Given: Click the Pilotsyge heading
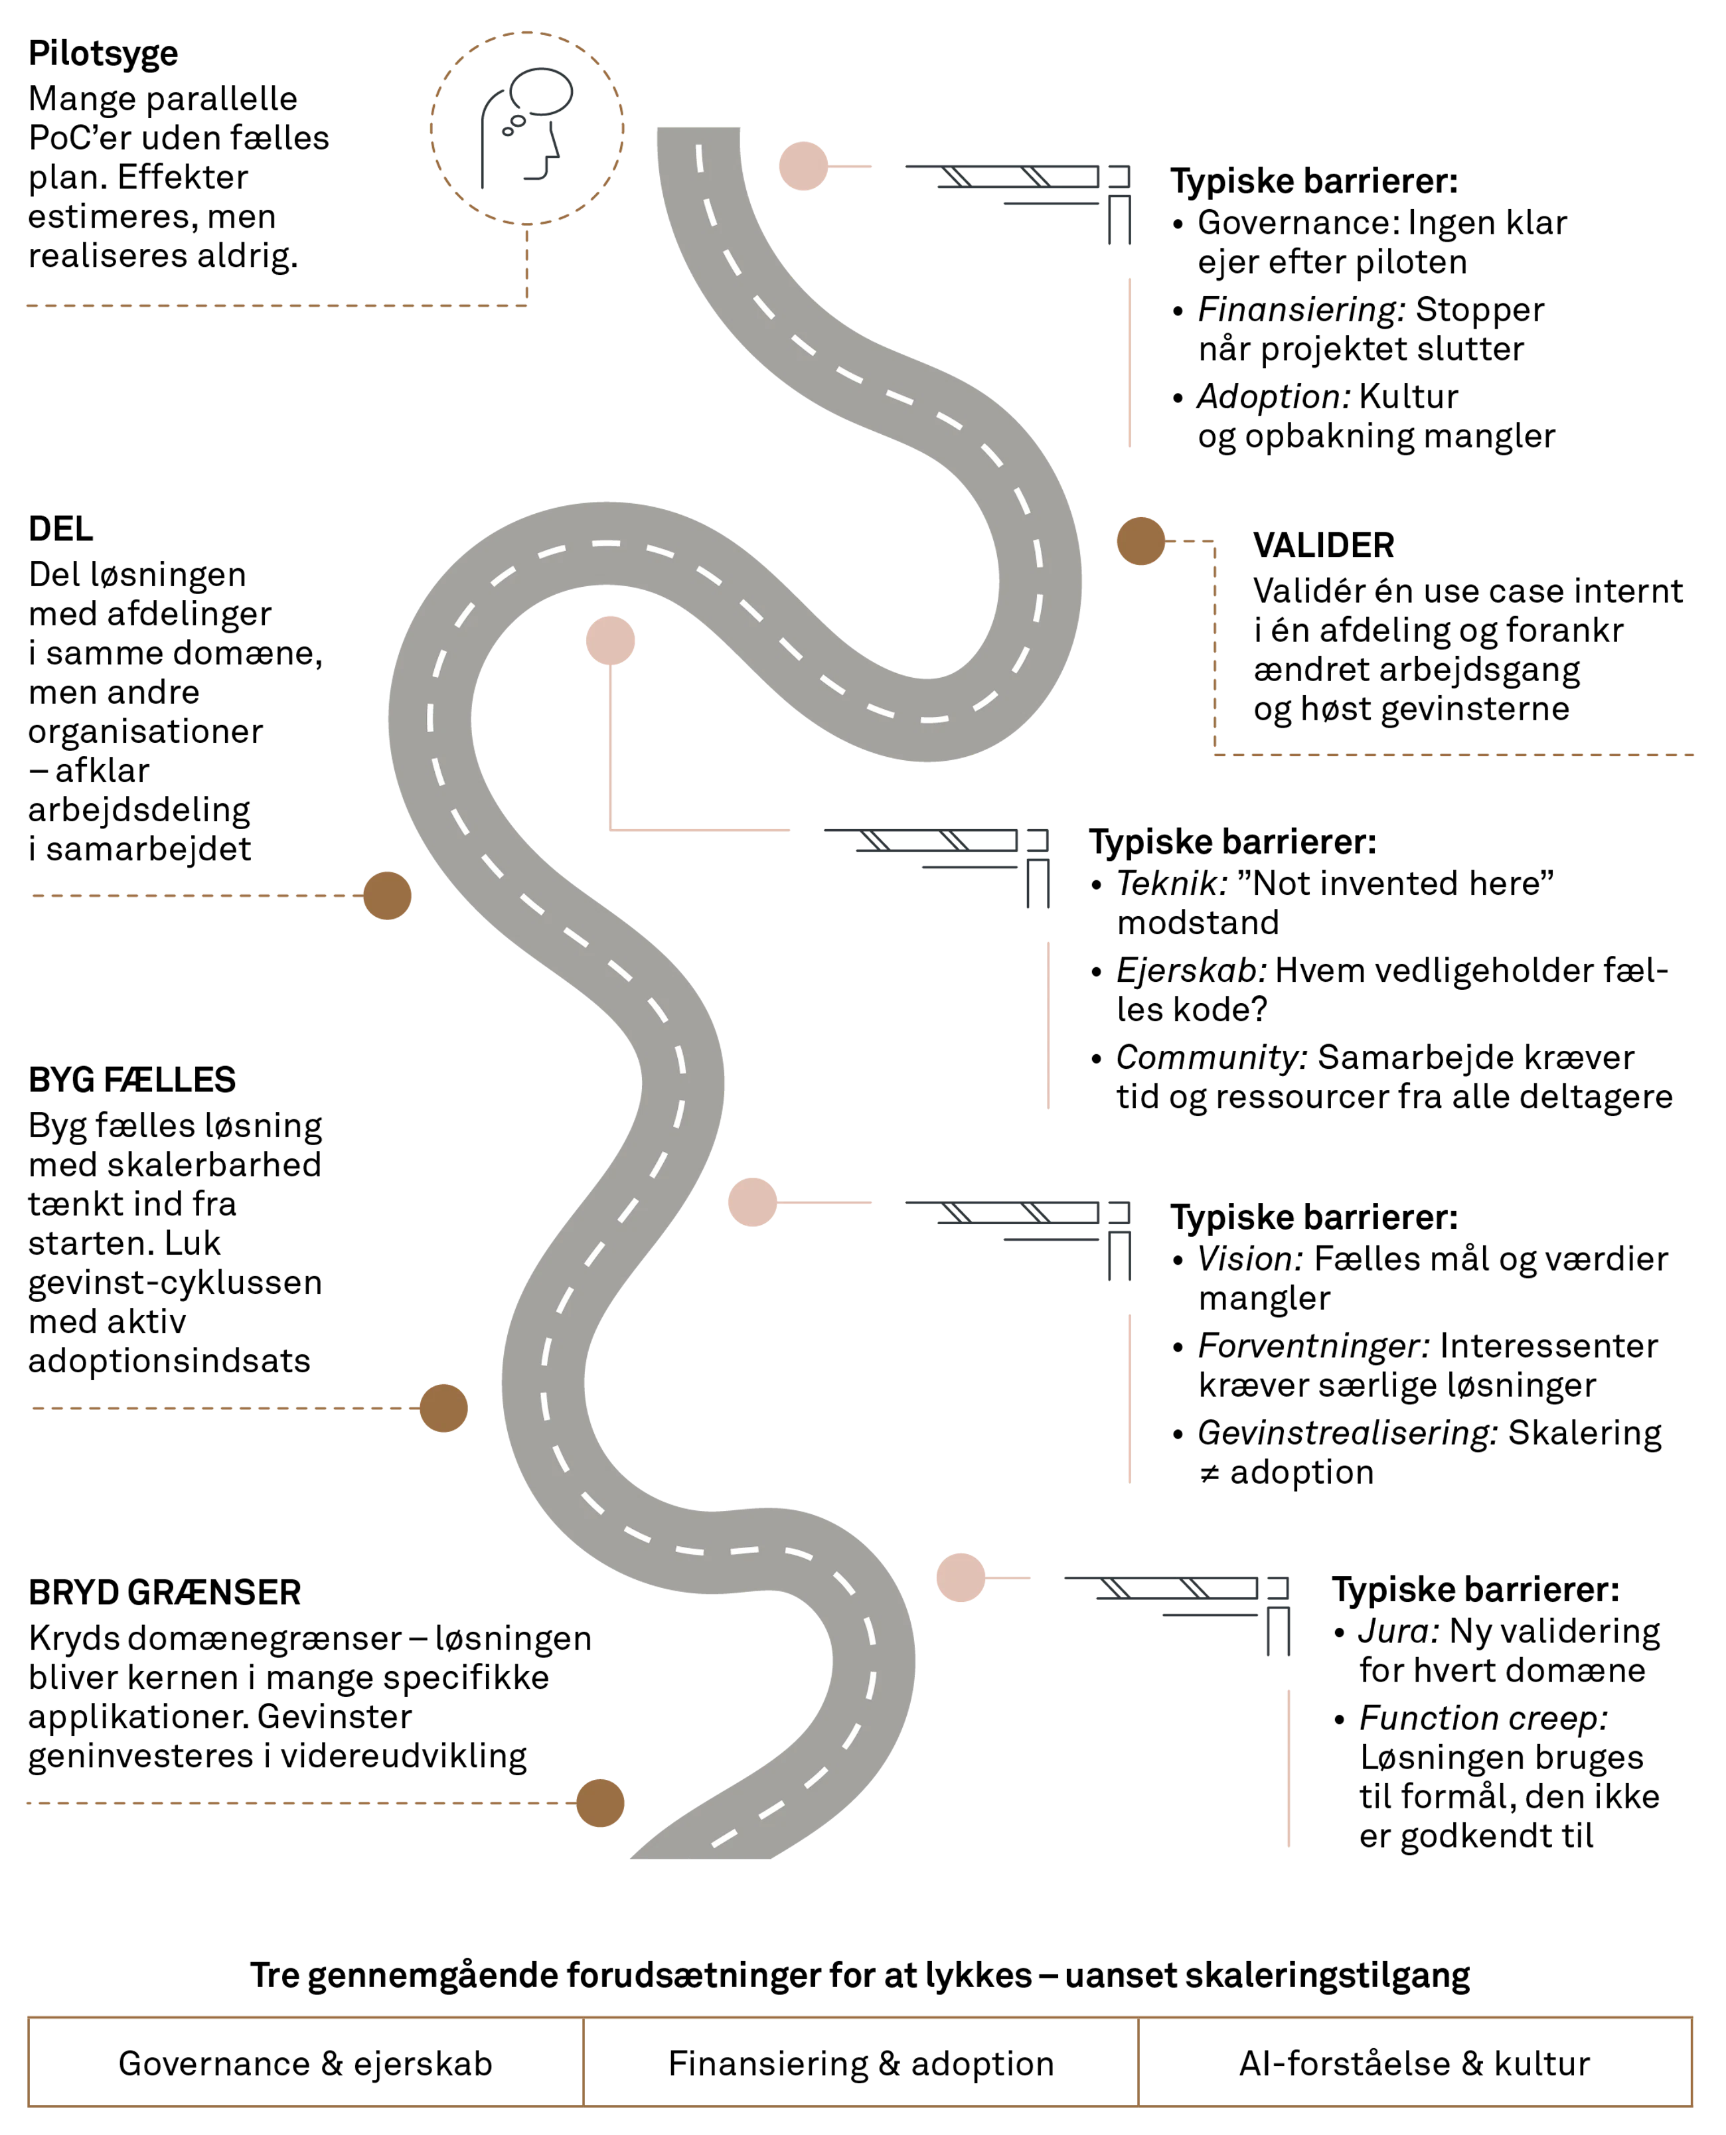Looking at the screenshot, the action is pos(104,54).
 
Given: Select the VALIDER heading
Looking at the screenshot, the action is pos(1323,545).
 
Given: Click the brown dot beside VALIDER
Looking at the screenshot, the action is pos(1140,541).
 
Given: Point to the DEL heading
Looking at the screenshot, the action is pos(60,529).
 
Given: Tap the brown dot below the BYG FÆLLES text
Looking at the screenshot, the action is pos(443,1408).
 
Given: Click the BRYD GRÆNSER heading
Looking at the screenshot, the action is pos(164,1592).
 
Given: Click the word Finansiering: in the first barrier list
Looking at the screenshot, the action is pos(1300,309).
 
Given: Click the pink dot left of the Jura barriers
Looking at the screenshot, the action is pos(961,1578).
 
